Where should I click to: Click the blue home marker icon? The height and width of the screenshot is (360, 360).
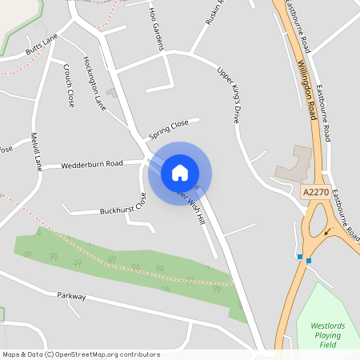pos(180,173)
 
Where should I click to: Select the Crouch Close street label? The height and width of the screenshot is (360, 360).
pos(68,86)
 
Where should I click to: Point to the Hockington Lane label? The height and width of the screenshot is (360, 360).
pos(94,82)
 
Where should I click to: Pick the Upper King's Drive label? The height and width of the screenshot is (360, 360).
pos(228,94)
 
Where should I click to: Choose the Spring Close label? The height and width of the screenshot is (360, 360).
pos(168,127)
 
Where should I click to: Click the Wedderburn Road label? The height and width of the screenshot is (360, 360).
pos(92,165)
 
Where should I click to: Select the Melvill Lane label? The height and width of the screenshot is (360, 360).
pos(36,151)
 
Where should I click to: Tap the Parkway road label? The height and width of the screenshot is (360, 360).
pos(71,296)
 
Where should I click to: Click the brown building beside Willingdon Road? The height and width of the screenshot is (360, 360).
pos(295,164)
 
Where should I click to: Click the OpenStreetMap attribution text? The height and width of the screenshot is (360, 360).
pos(81,354)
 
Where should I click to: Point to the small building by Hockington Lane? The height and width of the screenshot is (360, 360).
pos(112,94)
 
